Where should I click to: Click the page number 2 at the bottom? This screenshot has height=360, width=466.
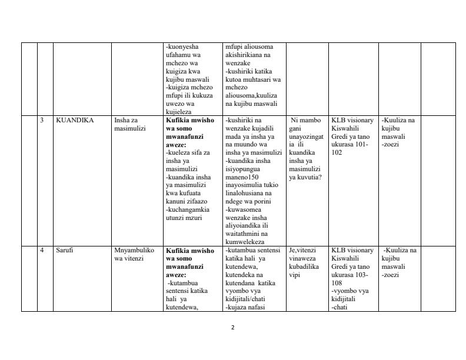[x=233, y=328]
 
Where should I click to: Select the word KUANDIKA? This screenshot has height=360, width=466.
[x=75, y=121]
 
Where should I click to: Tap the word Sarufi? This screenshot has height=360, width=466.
[x=65, y=251]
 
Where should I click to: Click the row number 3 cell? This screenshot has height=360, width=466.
[x=42, y=121]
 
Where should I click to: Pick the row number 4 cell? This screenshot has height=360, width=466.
[x=42, y=251]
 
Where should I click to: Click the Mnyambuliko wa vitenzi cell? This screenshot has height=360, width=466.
[x=134, y=254]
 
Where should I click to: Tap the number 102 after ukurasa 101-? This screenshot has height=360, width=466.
[x=337, y=152]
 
